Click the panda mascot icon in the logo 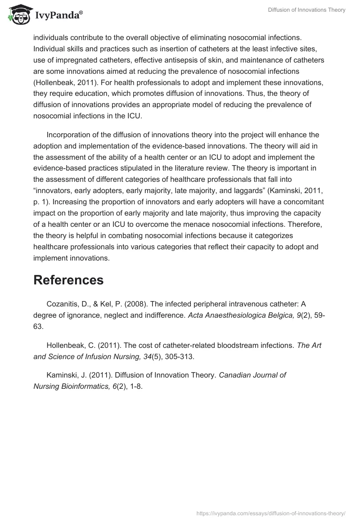click(x=17, y=15)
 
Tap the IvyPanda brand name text click(x=58, y=16)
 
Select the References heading click(x=68, y=280)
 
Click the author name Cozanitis click(x=63, y=304)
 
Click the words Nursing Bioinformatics click(x=71, y=386)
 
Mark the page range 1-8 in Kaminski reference click(x=135, y=386)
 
